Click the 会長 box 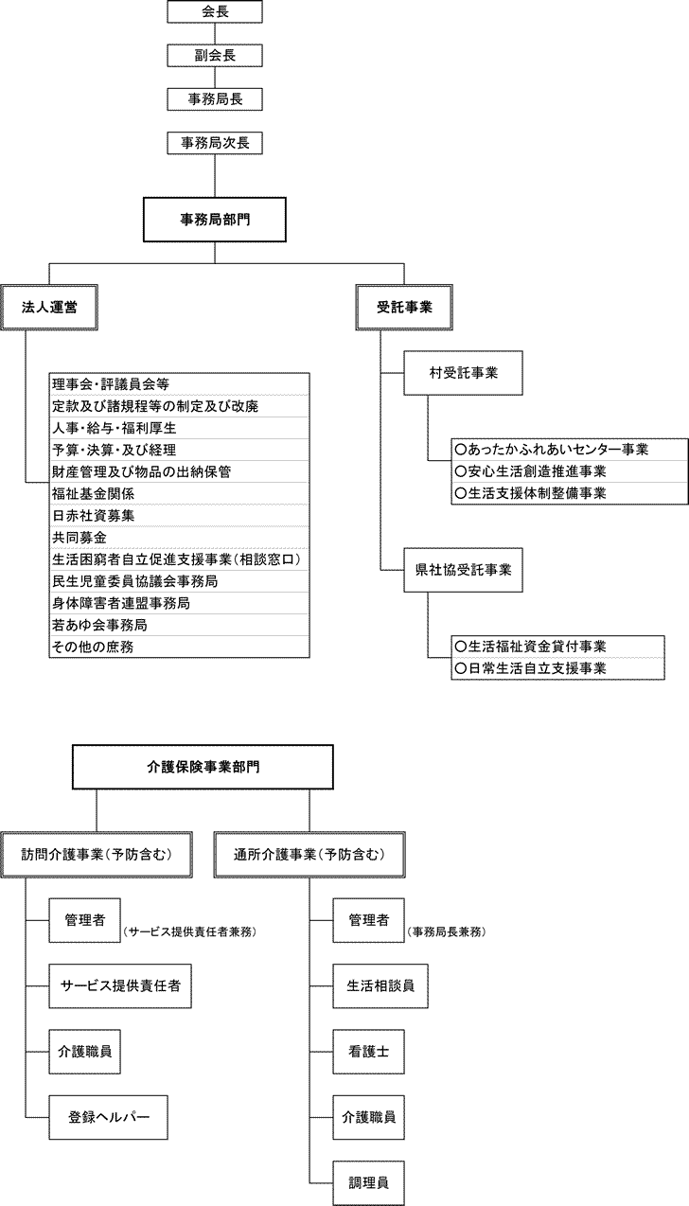click(215, 12)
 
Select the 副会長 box click(215, 56)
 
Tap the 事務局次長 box click(215, 143)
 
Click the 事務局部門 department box click(215, 220)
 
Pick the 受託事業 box click(404, 307)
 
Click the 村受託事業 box click(463, 373)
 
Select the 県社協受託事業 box click(463, 570)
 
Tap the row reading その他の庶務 click(180, 647)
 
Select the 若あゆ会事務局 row click(180, 625)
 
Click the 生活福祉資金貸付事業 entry click(569, 646)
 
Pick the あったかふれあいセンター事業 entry click(569, 449)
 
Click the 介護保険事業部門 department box click(203, 767)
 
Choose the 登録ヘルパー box click(108, 1117)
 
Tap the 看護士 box click(368, 1052)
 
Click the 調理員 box click(368, 1182)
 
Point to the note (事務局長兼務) click(447, 932)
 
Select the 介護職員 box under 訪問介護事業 click(85, 1052)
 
